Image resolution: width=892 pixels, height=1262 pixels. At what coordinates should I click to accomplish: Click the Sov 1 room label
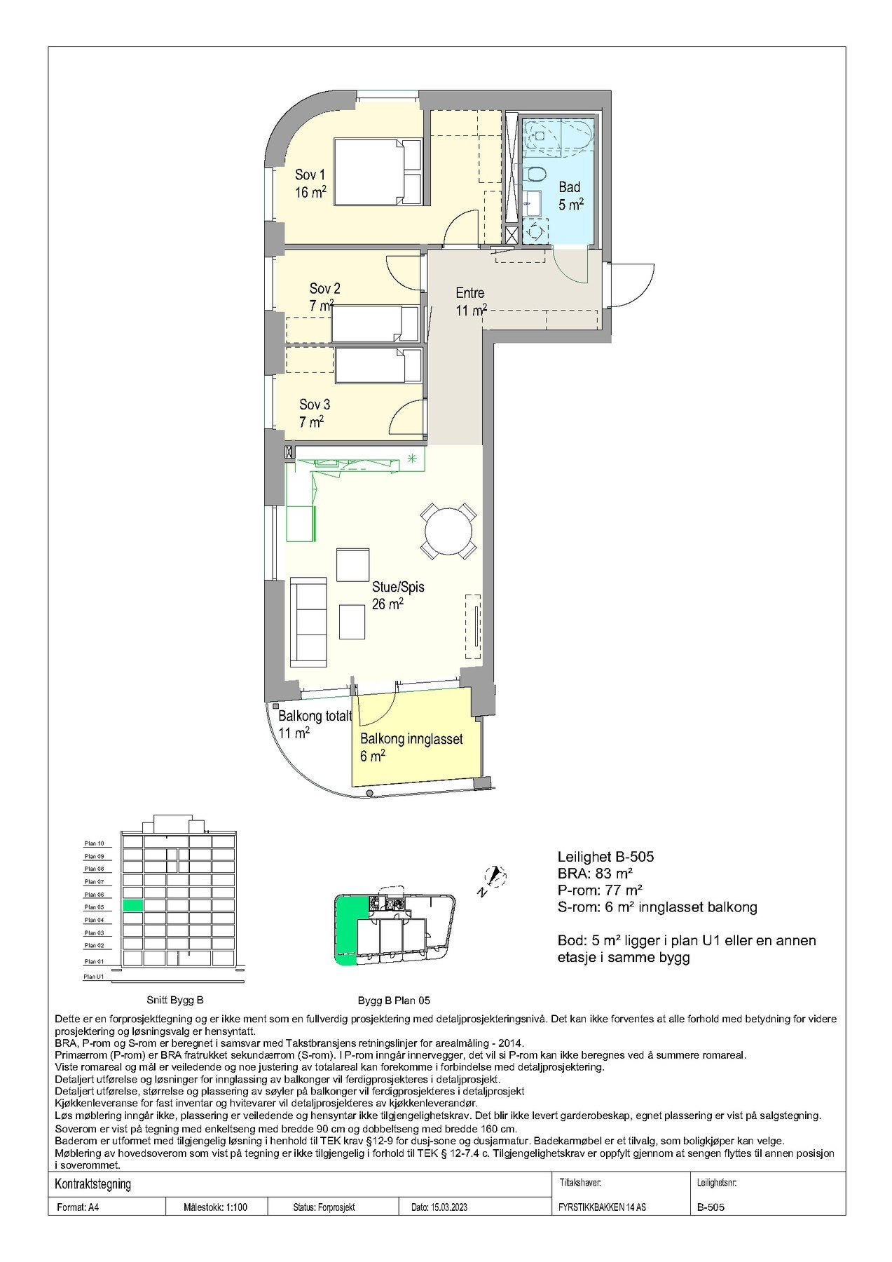point(310,184)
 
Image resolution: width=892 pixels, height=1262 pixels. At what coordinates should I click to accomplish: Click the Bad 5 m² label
point(570,196)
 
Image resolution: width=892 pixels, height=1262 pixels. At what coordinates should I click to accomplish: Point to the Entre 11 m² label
point(470,301)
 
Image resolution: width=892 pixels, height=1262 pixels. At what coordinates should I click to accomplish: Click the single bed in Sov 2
point(375,323)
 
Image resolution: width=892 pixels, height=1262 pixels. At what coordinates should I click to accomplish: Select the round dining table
point(448,531)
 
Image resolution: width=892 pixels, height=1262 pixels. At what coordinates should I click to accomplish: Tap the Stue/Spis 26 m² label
point(397,595)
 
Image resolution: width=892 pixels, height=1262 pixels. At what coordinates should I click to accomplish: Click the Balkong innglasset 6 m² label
point(411,747)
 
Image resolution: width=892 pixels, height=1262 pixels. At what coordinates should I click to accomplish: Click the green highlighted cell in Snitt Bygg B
point(132,906)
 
